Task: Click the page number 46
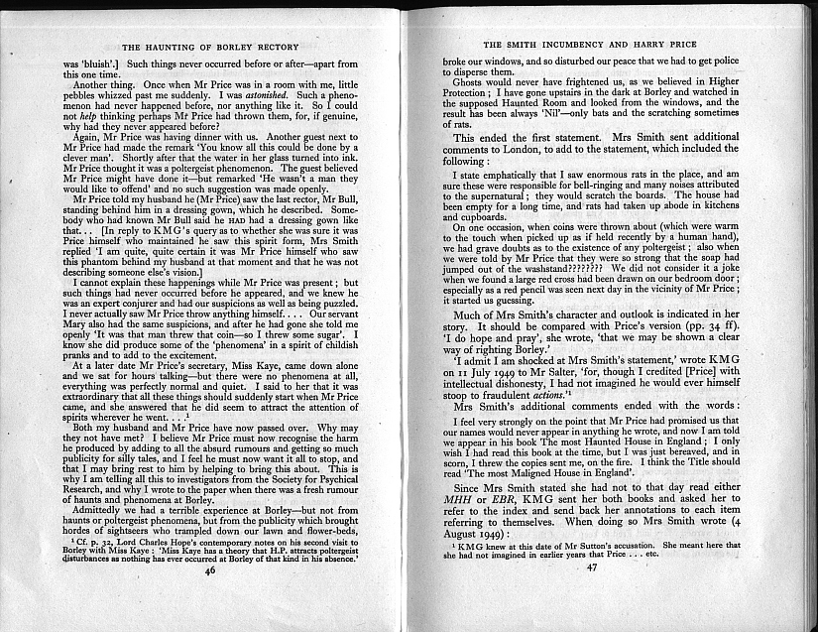(210, 599)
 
